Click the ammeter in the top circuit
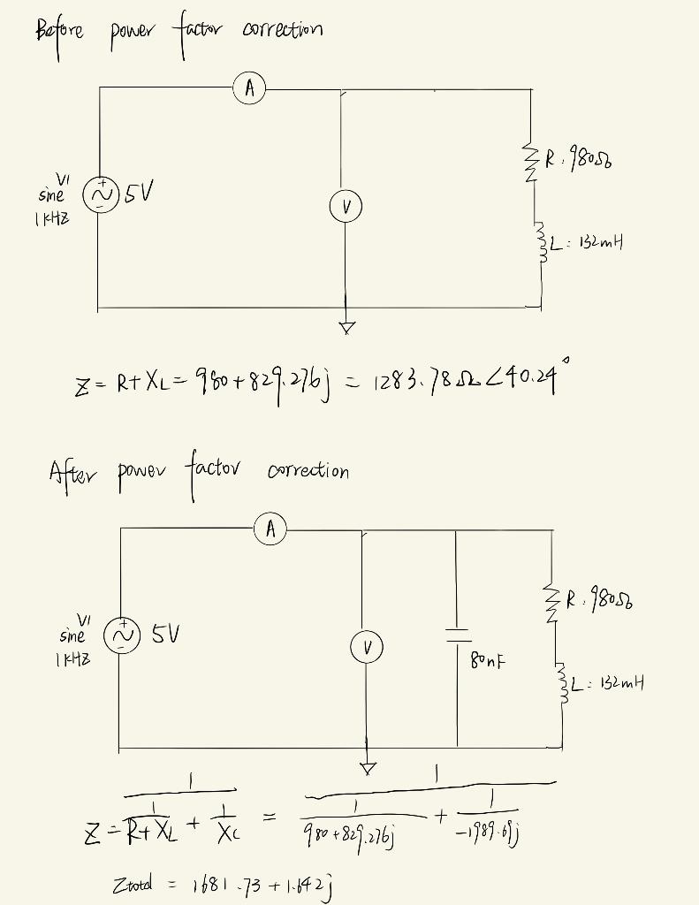click(251, 87)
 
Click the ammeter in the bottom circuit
click(271, 529)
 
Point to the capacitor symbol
click(457, 635)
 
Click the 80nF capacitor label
click(489, 658)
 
